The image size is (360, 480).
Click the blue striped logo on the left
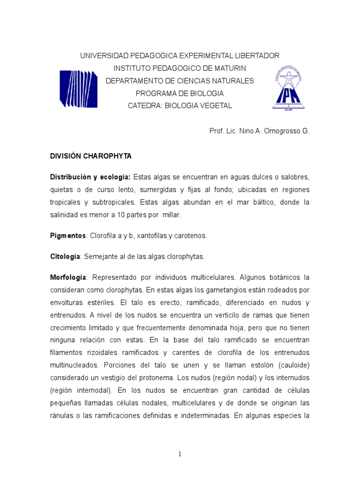click(x=78, y=89)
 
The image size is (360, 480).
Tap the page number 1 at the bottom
click(x=180, y=454)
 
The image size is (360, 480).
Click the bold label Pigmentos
click(x=68, y=236)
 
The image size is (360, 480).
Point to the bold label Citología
click(x=66, y=257)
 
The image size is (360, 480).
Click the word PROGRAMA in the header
click(x=158, y=93)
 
